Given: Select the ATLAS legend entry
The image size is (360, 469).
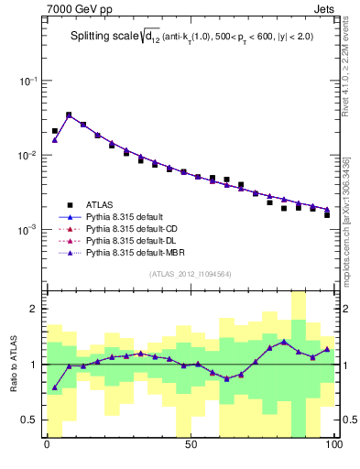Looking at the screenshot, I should pyautogui.click(x=100, y=204).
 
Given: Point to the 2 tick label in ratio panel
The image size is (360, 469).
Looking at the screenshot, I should pyautogui.click(x=33, y=309).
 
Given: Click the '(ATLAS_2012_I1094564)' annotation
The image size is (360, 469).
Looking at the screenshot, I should pyautogui.click(x=190, y=274).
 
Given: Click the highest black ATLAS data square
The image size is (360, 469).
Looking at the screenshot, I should pyautogui.click(x=69, y=115).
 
